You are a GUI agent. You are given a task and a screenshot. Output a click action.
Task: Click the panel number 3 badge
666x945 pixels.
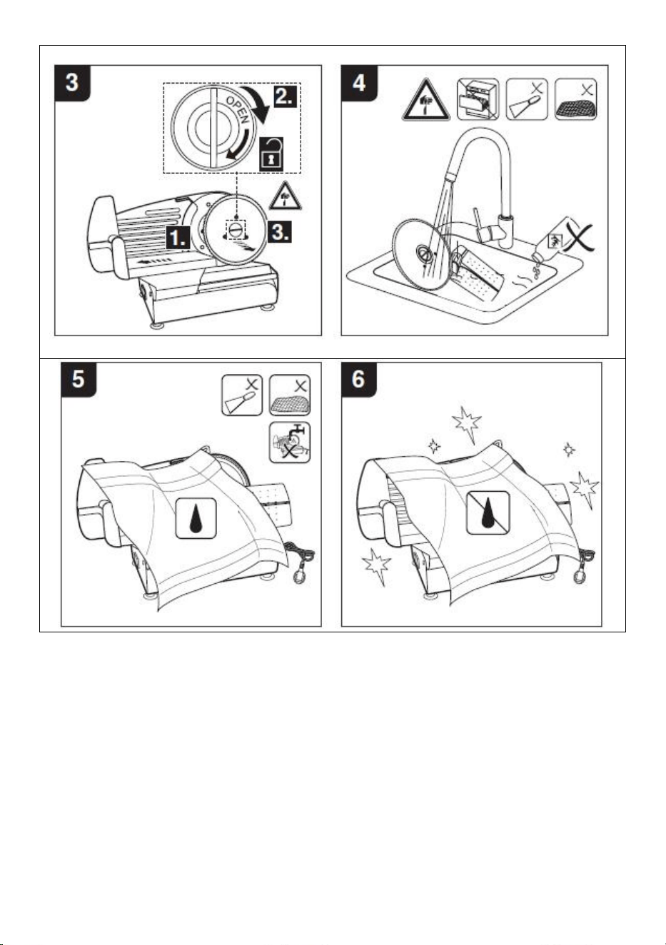point(72,83)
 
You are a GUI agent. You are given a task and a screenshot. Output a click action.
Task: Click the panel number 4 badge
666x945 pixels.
point(359,83)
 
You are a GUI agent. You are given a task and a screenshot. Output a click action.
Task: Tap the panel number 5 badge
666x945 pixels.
point(79,379)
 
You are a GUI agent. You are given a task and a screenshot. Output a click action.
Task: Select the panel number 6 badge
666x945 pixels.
point(359,379)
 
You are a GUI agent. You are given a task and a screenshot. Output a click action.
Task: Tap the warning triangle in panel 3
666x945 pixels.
point(286,197)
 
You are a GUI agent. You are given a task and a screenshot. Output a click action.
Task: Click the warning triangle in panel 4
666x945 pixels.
point(425,101)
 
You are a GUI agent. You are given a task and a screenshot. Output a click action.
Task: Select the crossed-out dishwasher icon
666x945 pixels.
point(478,99)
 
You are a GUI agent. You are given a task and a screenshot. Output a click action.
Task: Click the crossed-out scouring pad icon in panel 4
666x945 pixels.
point(575,99)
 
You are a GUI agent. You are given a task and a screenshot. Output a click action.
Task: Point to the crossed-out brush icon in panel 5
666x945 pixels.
point(242,395)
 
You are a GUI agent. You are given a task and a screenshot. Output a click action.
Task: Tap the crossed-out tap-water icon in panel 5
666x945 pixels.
point(290,443)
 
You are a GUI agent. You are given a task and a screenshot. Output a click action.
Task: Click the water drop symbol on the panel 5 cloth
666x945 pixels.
point(196,518)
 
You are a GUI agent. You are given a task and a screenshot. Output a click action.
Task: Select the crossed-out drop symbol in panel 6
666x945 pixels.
point(488,512)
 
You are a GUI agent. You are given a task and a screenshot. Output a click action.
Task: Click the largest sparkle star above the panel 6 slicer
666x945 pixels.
point(466,423)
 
